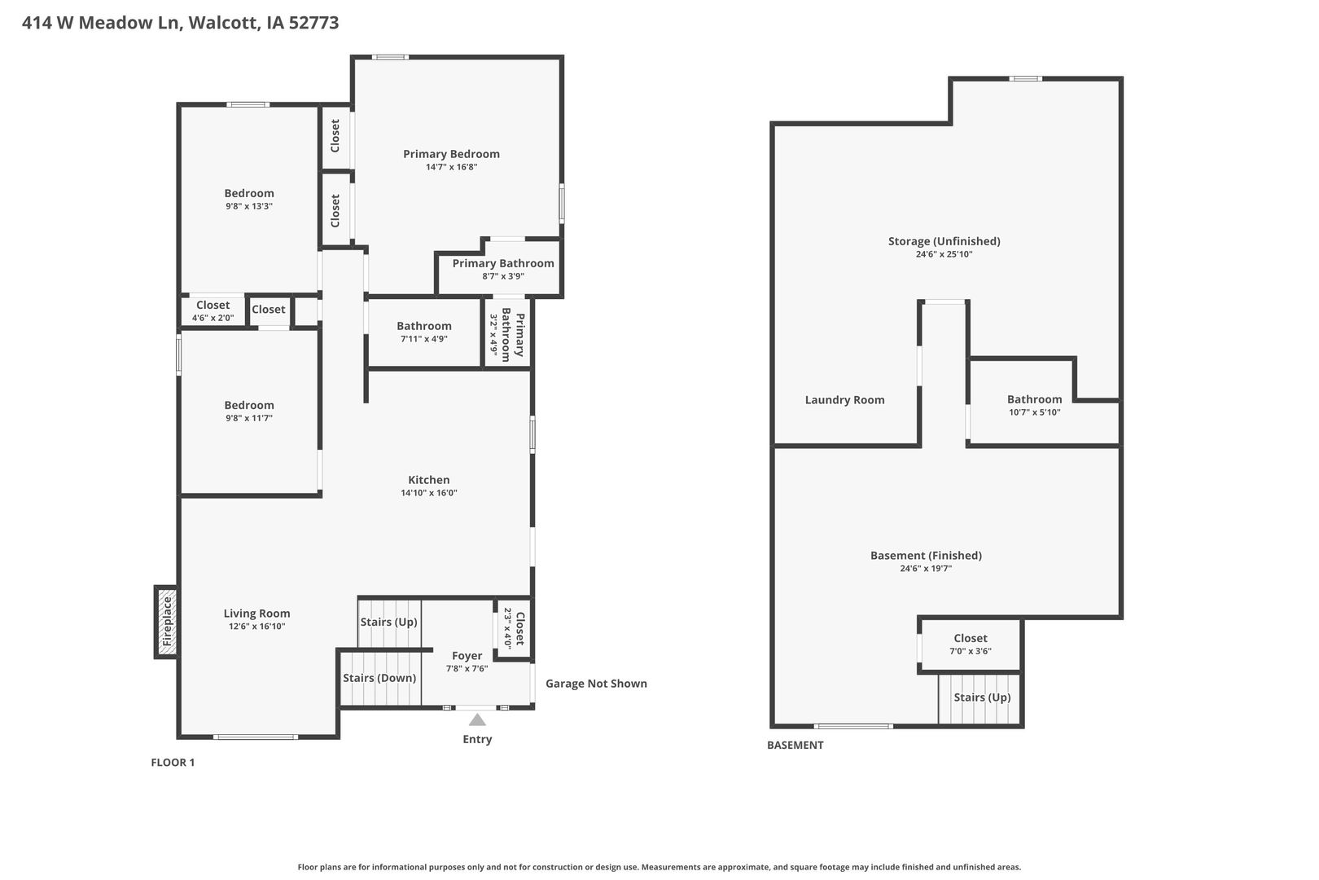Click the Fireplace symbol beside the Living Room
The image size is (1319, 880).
166,621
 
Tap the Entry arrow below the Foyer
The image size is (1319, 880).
477,719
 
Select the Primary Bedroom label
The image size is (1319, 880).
451,154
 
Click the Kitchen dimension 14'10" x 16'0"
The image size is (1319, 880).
428,493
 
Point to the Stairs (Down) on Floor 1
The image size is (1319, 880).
379,678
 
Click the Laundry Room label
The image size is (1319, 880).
844,399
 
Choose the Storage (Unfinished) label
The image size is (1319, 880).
944,241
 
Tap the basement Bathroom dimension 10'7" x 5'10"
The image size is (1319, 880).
1035,412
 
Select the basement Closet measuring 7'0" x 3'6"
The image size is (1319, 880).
970,645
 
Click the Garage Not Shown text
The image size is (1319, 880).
596,683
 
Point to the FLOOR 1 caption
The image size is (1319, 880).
173,762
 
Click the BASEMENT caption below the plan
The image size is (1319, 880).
795,745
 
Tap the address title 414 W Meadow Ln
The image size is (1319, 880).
103,22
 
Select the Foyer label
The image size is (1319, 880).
467,655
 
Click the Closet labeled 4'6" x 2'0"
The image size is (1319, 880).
213,310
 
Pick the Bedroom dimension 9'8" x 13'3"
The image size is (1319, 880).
249,206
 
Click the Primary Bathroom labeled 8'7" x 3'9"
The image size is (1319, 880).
503,269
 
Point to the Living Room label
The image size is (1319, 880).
256,614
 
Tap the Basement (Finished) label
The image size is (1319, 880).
926,555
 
